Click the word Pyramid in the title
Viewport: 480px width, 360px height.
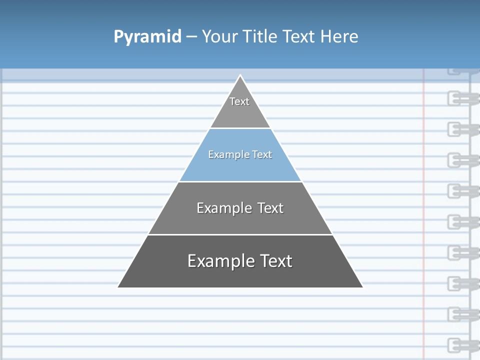147,37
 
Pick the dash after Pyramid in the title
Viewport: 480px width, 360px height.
191,37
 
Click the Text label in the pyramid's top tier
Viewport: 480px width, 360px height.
239,101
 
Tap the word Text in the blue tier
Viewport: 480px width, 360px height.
262,155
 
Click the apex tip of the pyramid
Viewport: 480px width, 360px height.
240,76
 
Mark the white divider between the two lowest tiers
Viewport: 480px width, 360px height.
240,234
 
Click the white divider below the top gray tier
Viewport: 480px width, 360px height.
240,128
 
